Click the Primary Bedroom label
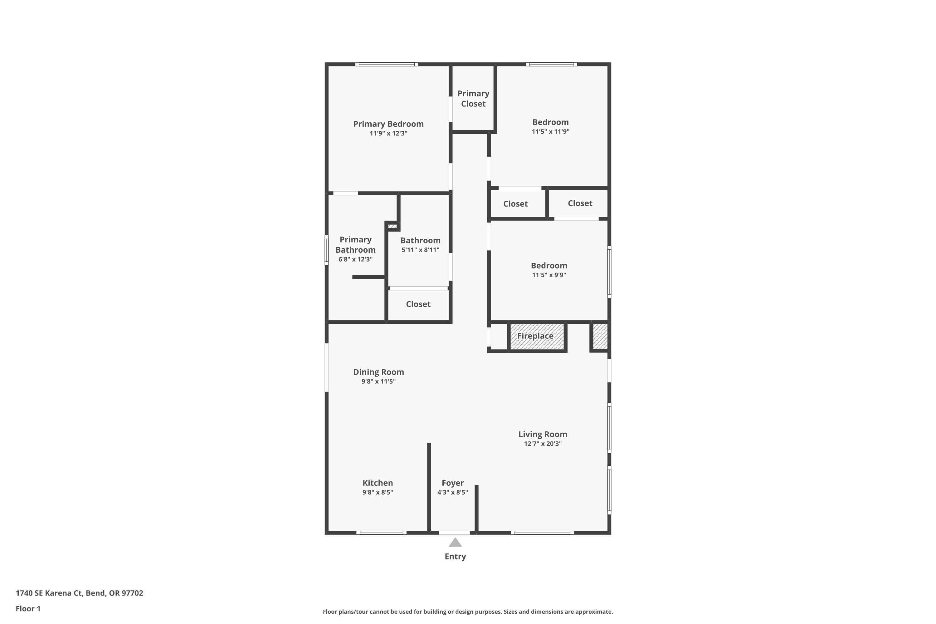coord(388,124)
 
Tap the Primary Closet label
coord(473,99)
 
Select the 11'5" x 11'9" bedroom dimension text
coord(550,132)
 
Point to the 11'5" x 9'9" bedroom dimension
coord(549,275)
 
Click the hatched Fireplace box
coord(537,337)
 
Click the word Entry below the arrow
coord(455,557)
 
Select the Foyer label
coord(452,483)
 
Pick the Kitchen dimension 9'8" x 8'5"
coord(378,492)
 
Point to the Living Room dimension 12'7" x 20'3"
coord(543,444)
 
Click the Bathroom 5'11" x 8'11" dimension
coord(420,250)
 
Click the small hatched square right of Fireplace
coord(600,337)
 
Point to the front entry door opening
coord(455,533)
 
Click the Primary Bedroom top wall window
coord(387,64)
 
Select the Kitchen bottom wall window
coord(381,533)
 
